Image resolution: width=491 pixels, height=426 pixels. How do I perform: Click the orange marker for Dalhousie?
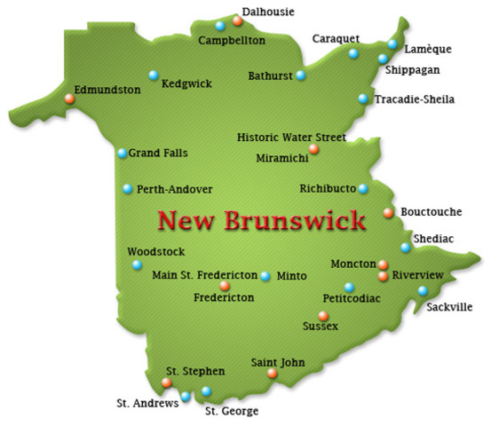[237, 20]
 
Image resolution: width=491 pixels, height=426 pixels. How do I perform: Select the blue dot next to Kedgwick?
[153, 74]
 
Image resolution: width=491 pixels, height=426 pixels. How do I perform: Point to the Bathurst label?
[270, 75]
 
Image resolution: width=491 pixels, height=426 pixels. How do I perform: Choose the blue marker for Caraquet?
[353, 54]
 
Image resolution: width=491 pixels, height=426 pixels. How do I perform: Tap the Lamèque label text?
[425, 50]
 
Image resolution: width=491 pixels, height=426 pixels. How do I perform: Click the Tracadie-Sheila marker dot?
[362, 99]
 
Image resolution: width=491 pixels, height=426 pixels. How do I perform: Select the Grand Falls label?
[158, 153]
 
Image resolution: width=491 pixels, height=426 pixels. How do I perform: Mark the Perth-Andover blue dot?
[128, 188]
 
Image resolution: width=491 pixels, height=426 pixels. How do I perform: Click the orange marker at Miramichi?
[313, 149]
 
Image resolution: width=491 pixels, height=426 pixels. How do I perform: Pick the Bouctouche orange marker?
[388, 212]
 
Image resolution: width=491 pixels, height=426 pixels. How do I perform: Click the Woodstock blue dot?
[137, 264]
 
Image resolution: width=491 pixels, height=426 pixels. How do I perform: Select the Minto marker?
[265, 276]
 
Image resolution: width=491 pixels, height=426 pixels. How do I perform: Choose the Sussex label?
[320, 327]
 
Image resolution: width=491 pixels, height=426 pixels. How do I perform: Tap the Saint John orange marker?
[272, 374]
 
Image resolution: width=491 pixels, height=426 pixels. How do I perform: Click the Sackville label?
[449, 307]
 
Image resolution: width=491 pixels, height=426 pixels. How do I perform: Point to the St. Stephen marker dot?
[166, 383]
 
